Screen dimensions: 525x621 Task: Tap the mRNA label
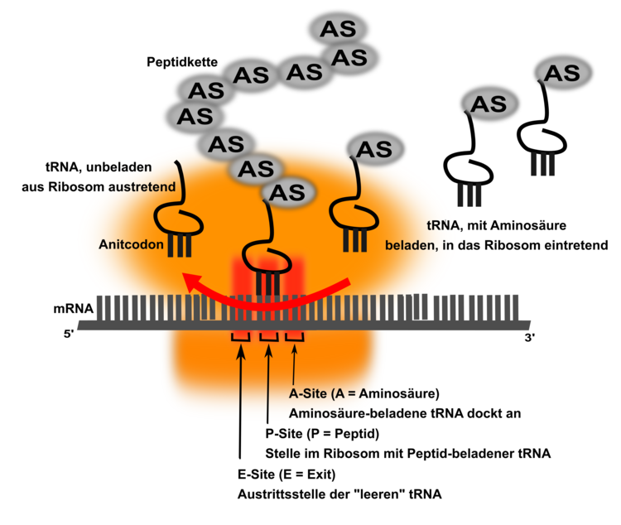click(x=74, y=310)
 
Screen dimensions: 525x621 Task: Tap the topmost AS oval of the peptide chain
click(x=336, y=29)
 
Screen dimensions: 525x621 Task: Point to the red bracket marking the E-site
click(x=240, y=336)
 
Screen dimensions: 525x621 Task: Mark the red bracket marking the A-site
click(x=295, y=336)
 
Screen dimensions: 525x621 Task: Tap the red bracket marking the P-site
click(x=267, y=336)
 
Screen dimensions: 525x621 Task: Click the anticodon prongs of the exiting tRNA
click(x=181, y=245)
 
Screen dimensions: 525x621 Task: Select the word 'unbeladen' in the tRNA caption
click(x=133, y=166)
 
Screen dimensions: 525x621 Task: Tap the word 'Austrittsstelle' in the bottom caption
click(x=278, y=494)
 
